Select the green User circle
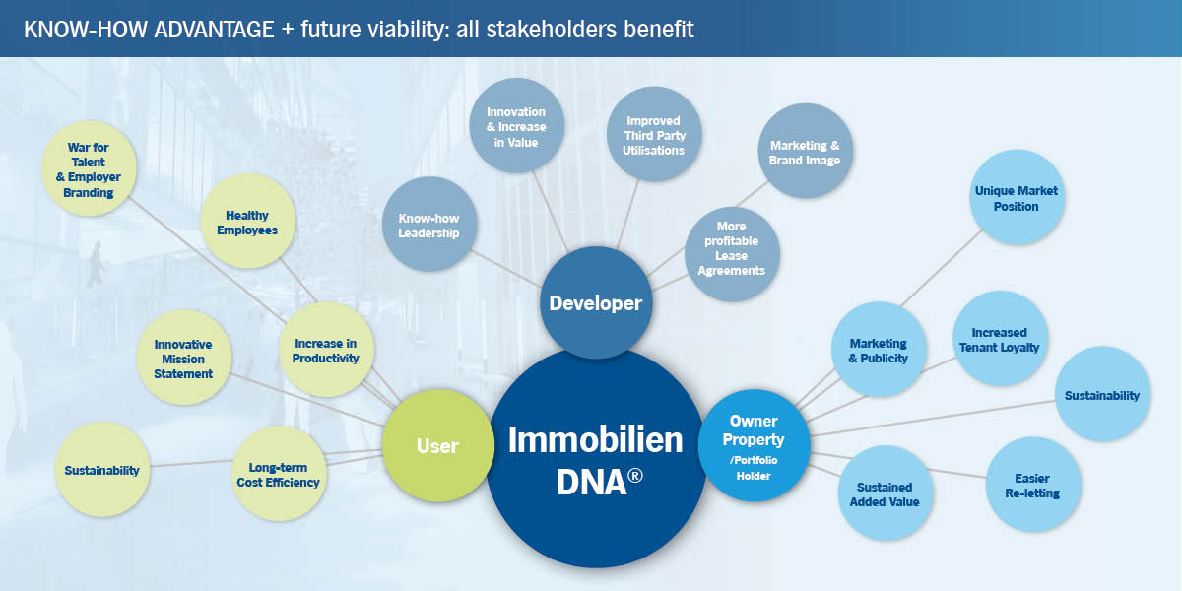point(436,446)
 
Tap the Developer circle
point(595,303)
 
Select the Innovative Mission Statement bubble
point(183,359)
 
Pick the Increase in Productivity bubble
point(325,351)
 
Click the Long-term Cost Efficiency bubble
point(278,475)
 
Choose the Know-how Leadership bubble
point(428,225)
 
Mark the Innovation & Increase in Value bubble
point(515,126)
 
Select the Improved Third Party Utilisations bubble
point(653,135)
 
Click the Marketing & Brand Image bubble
point(804,153)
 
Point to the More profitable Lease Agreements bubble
point(732,255)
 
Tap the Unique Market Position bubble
point(1016,198)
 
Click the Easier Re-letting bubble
point(1033,486)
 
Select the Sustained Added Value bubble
point(884,493)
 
